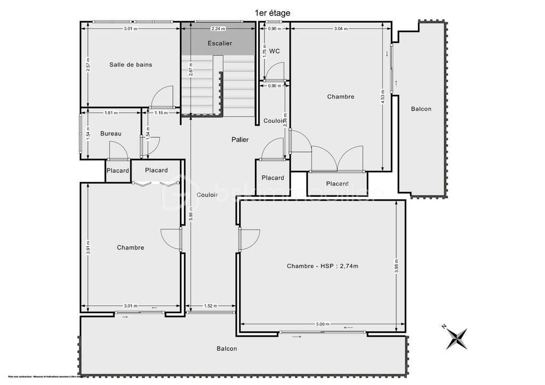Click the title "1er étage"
click(x=272, y=13)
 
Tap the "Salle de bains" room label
click(x=130, y=64)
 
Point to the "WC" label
click(x=275, y=51)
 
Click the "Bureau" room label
click(x=111, y=133)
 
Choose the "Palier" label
click(x=240, y=139)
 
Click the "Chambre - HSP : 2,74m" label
click(x=323, y=266)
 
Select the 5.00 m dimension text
click(x=323, y=324)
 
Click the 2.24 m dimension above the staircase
click(x=218, y=29)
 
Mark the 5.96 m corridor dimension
click(x=191, y=213)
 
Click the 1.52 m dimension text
click(x=211, y=306)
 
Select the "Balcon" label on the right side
click(x=421, y=109)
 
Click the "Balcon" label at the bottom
click(x=226, y=349)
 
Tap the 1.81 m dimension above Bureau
click(x=111, y=112)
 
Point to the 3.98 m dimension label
click(x=397, y=265)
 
